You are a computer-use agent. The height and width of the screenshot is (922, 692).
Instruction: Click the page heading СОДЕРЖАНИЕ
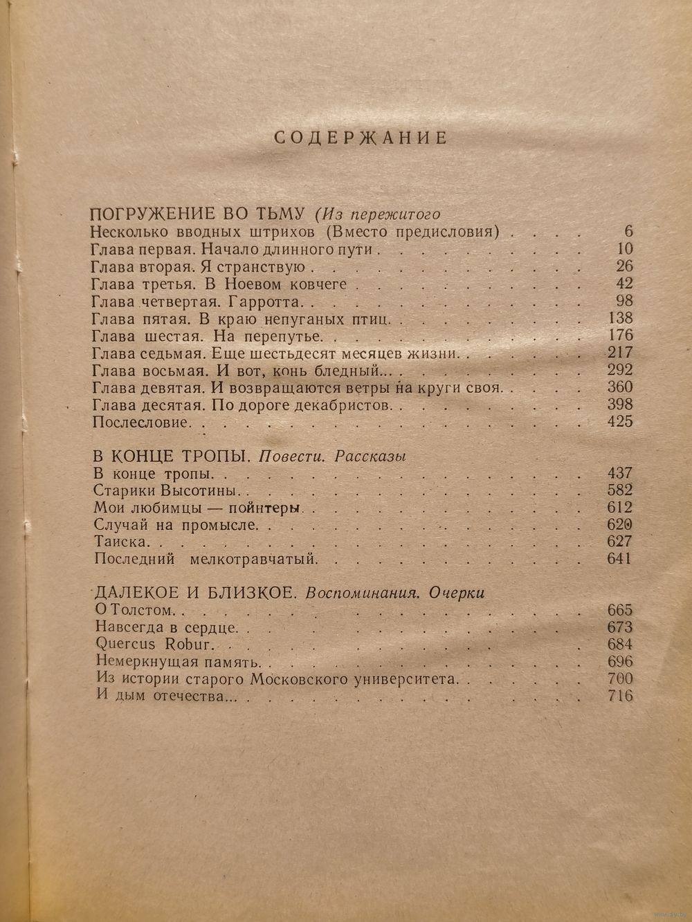361,138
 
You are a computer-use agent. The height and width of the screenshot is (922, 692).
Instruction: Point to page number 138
618,318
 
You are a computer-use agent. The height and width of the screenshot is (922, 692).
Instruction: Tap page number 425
618,421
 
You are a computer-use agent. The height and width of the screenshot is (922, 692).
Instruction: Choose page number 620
618,524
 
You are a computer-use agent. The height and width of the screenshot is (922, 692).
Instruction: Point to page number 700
618,678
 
